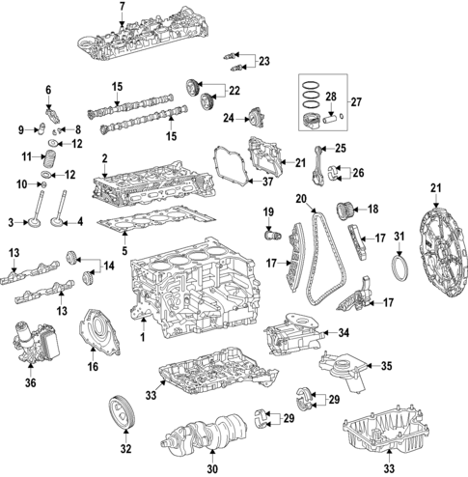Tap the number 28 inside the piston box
(x=331, y=98)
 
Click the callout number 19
(x=269, y=211)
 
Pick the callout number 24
(x=228, y=120)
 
